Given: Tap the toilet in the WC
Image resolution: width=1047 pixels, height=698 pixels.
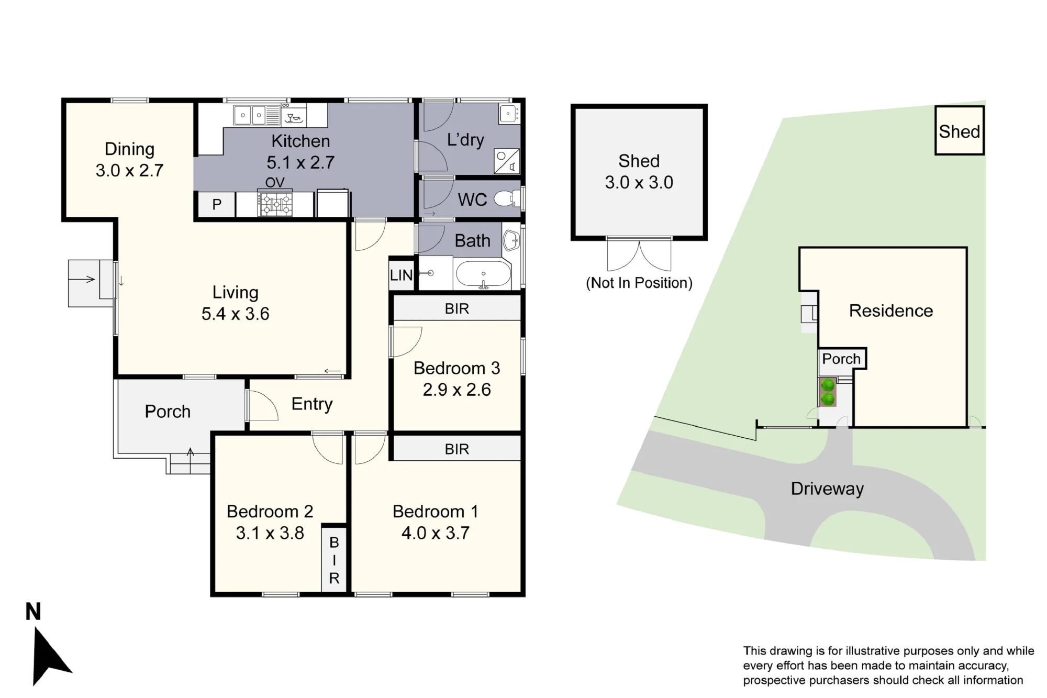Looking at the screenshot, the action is point(507,198).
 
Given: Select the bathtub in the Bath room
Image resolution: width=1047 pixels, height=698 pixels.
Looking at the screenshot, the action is point(483,274).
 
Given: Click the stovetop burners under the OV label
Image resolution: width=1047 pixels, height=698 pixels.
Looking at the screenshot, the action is point(275,204).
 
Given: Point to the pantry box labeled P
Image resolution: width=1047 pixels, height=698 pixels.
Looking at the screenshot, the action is point(217,204).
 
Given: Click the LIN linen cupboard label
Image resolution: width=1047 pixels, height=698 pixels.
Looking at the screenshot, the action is point(401,275).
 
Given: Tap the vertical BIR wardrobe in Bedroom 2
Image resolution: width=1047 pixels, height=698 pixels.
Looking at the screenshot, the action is point(334,559).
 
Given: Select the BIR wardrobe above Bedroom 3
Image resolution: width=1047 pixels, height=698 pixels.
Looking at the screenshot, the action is point(457,308).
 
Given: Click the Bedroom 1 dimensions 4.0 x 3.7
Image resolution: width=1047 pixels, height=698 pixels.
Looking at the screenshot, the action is point(436,533).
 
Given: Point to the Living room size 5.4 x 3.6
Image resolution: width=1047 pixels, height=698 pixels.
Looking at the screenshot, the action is point(236,314).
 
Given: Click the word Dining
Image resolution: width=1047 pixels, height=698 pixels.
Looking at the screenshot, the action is point(130,149).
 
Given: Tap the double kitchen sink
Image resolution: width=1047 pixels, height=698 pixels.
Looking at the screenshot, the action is point(250,115).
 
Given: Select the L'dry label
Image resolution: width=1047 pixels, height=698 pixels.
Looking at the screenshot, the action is point(465,140).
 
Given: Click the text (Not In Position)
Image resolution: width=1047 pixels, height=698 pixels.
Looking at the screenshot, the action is point(639,283).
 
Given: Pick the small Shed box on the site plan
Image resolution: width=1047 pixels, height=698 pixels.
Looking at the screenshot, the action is point(960,130).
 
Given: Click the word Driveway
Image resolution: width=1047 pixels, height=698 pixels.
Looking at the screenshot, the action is point(827,489).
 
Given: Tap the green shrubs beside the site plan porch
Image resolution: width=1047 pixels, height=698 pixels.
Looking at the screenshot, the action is point(828,392).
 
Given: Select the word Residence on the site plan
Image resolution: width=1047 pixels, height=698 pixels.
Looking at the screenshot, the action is point(891,311).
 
